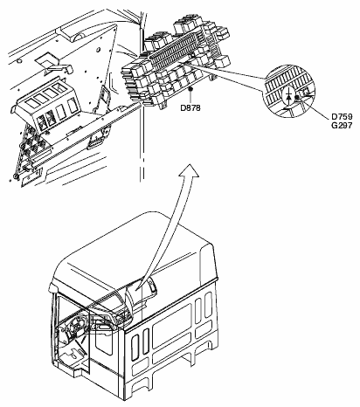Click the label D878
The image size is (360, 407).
click(190, 108)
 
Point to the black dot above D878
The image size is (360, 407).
click(190, 88)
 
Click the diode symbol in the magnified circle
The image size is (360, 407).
click(288, 96)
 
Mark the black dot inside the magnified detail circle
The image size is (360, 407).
click(297, 98)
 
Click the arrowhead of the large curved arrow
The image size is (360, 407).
click(189, 170)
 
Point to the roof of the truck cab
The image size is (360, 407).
click(133, 251)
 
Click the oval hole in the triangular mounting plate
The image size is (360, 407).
click(99, 50)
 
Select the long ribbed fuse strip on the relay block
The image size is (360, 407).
click(175, 50)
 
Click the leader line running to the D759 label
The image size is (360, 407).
click(314, 107)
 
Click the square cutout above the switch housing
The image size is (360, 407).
click(47, 59)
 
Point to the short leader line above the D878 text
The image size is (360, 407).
click(190, 96)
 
